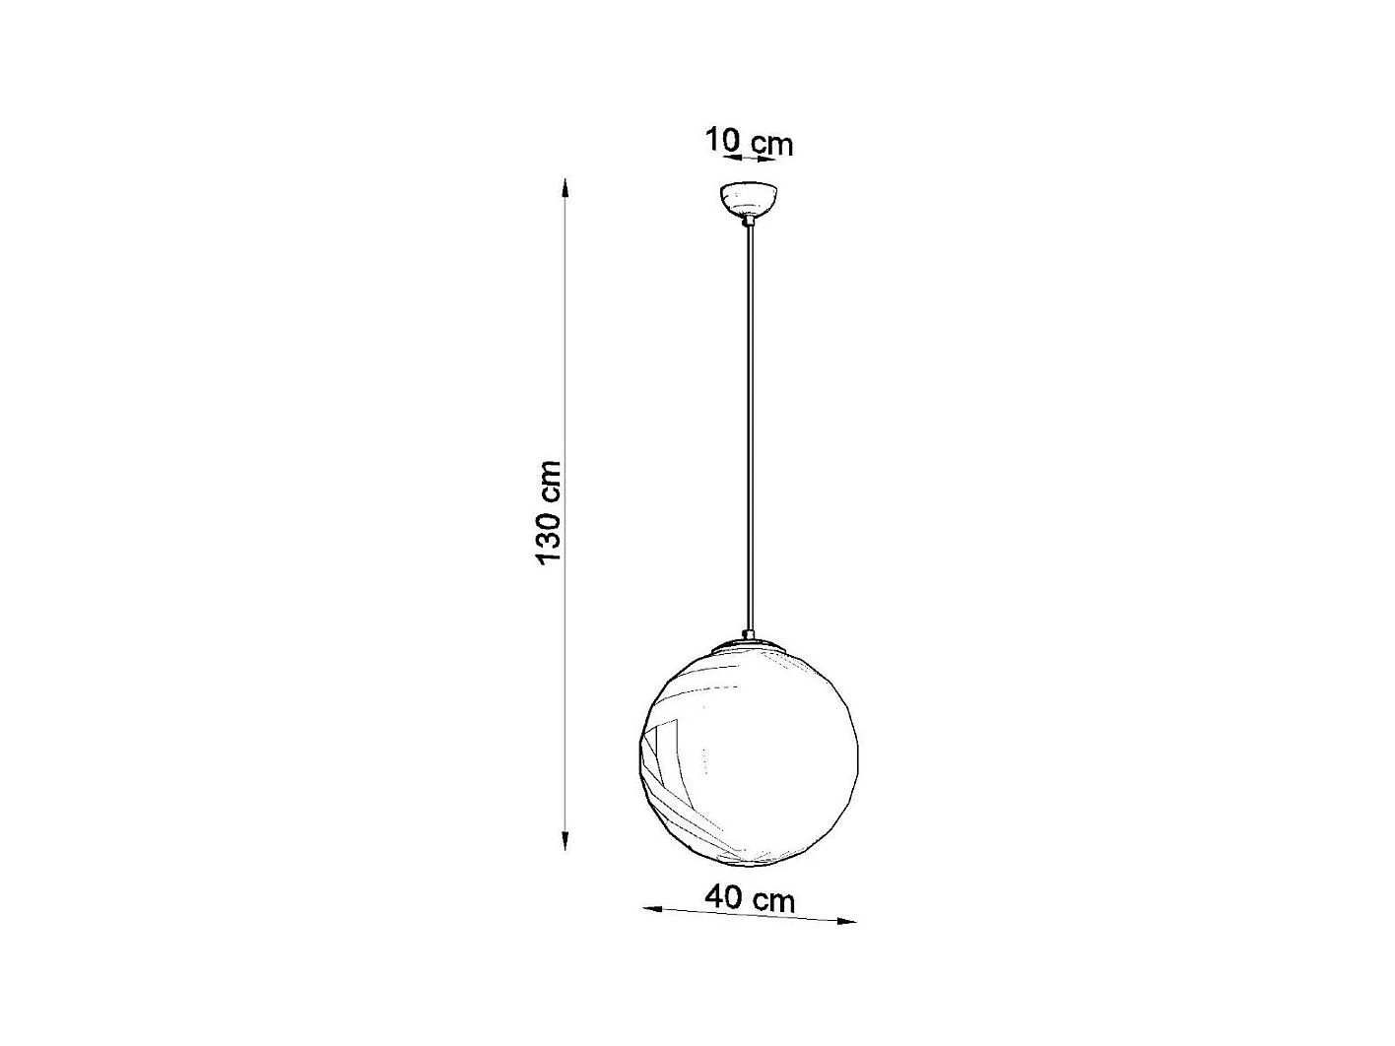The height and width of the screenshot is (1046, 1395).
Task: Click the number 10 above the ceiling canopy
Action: tap(721, 140)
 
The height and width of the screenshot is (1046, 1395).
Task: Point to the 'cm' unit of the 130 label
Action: tap(548, 482)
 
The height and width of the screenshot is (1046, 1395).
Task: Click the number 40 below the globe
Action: tap(723, 897)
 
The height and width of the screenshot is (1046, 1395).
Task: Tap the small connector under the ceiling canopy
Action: tap(749, 223)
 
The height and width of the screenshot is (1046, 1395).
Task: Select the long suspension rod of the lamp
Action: tap(749, 424)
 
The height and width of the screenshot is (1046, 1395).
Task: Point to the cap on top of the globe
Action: tap(749, 644)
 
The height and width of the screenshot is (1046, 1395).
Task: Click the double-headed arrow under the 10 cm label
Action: tap(750, 157)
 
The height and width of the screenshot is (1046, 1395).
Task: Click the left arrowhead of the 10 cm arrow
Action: tap(730, 156)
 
